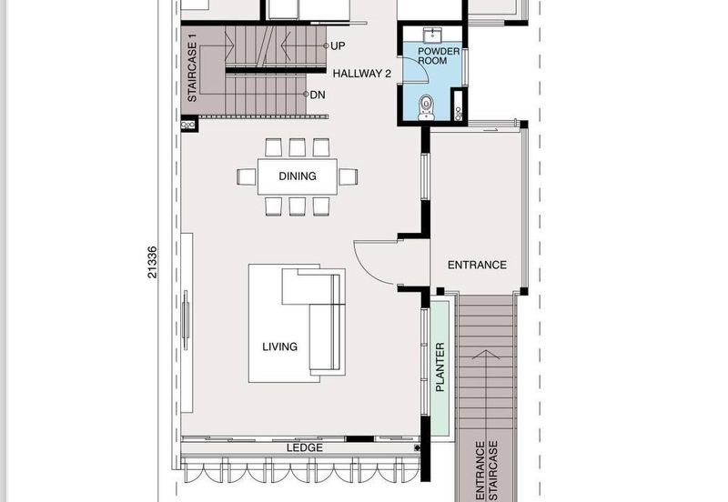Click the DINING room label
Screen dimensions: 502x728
[298, 176]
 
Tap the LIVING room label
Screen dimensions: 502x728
[279, 346]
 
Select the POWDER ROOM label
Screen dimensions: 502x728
[439, 57]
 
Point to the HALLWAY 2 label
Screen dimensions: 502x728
[361, 74]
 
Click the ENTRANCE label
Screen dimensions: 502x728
[476, 266]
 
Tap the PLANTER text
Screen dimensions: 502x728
[440, 367]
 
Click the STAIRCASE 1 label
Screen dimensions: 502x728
[192, 69]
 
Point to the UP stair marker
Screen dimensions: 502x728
[337, 45]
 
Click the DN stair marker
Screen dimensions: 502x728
[317, 94]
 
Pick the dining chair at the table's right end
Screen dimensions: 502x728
[349, 176]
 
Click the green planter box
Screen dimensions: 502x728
[440, 368]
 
